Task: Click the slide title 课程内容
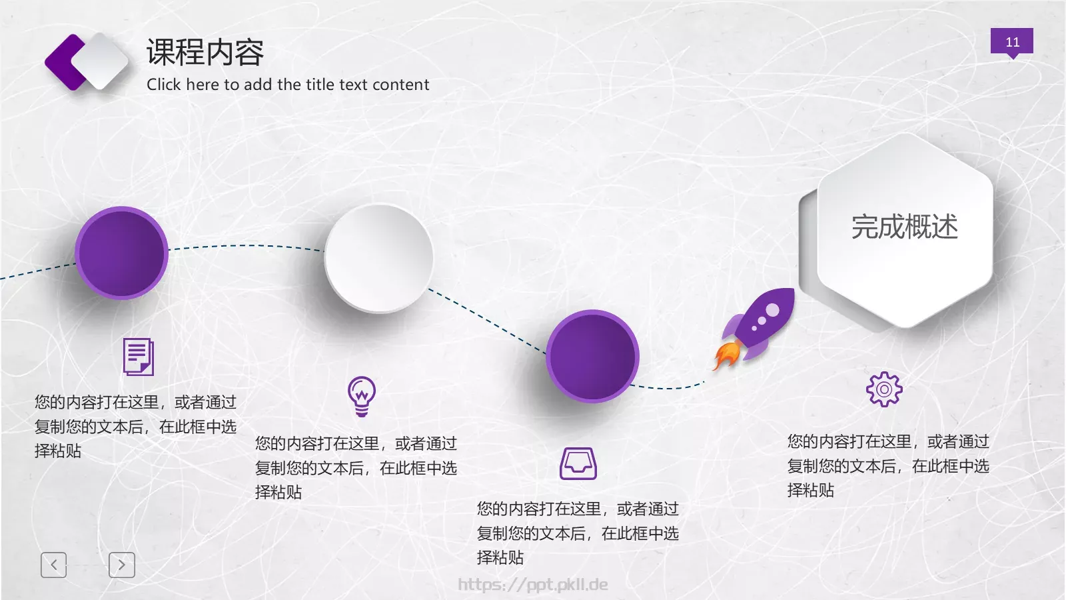205,53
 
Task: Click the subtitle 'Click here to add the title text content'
288,85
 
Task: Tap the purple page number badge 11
1011,42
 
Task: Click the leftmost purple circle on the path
121,253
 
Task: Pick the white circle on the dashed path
378,258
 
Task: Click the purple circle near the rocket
592,356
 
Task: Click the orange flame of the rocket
726,355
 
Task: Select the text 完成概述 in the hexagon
904,227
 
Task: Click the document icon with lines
139,357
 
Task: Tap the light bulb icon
362,396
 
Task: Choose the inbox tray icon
578,463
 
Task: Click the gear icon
884,389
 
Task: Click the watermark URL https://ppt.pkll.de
533,585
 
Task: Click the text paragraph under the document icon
135,427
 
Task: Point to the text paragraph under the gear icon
888,465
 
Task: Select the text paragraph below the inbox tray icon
578,533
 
